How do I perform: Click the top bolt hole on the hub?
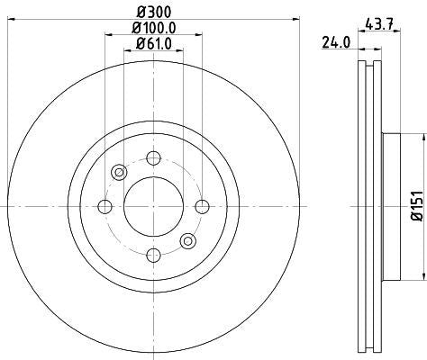[150, 158]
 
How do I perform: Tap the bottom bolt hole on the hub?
[150, 255]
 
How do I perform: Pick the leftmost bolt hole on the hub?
[104, 207]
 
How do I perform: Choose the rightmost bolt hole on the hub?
[200, 207]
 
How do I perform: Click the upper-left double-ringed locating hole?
[117, 173]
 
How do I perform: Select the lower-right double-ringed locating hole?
[186, 240]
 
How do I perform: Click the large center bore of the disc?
[150, 207]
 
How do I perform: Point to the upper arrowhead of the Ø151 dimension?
[421, 137]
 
